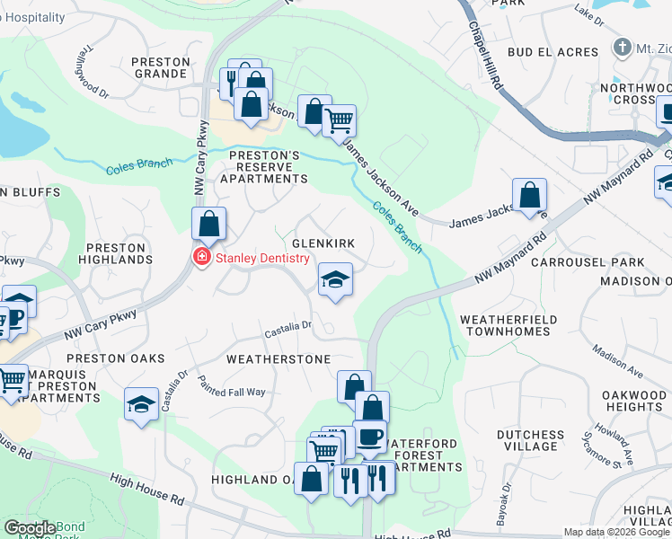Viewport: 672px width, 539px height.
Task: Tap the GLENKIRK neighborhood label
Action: pos(323,243)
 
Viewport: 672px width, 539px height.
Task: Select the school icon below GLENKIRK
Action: pos(335,280)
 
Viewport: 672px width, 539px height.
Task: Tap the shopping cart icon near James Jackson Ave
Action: pos(339,120)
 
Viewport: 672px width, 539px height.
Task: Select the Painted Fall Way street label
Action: pos(231,385)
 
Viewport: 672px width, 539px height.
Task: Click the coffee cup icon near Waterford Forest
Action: pos(369,437)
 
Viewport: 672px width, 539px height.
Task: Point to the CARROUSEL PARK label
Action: pos(588,262)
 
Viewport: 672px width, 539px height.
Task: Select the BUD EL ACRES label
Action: pos(553,53)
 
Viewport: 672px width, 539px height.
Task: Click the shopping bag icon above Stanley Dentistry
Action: pos(208,225)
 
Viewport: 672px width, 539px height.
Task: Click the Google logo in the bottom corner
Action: pos(30,528)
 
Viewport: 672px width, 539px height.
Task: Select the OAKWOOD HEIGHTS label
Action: pos(634,401)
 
